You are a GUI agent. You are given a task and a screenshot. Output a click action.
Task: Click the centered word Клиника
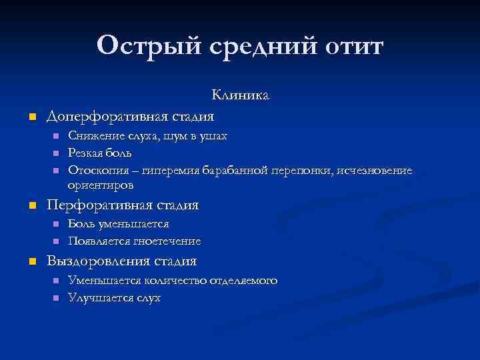240,96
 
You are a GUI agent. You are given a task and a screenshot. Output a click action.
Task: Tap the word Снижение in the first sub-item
93,136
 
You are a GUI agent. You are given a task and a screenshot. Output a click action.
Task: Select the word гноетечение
166,241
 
